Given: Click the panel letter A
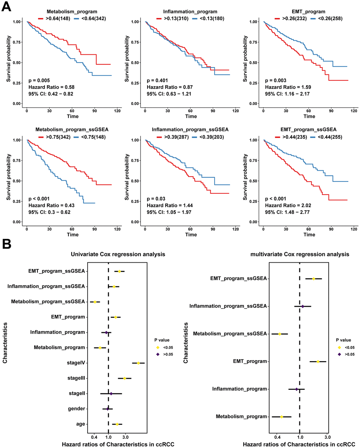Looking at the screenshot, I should pyautogui.click(x=6, y=7).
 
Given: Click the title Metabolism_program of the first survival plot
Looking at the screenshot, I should pyautogui.click(x=72, y=12).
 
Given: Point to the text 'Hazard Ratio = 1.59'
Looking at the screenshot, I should pyautogui.click(x=288, y=87).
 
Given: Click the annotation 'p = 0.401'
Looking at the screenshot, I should pyautogui.click(x=156, y=80).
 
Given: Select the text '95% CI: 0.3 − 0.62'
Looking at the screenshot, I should pyautogui.click(x=49, y=212).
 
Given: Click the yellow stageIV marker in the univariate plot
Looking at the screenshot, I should pyautogui.click(x=138, y=363).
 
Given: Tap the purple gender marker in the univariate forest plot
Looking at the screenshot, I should pyautogui.click(x=108, y=409).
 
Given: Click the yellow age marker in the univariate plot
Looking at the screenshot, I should pyautogui.click(x=117, y=424).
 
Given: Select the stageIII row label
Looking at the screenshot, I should pyautogui.click(x=76, y=378).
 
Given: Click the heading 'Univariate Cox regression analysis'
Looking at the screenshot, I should pyautogui.click(x=118, y=254).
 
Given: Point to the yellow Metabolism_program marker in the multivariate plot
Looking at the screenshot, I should pyautogui.click(x=282, y=417).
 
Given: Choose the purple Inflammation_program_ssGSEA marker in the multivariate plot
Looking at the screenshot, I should pyautogui.click(x=303, y=306).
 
